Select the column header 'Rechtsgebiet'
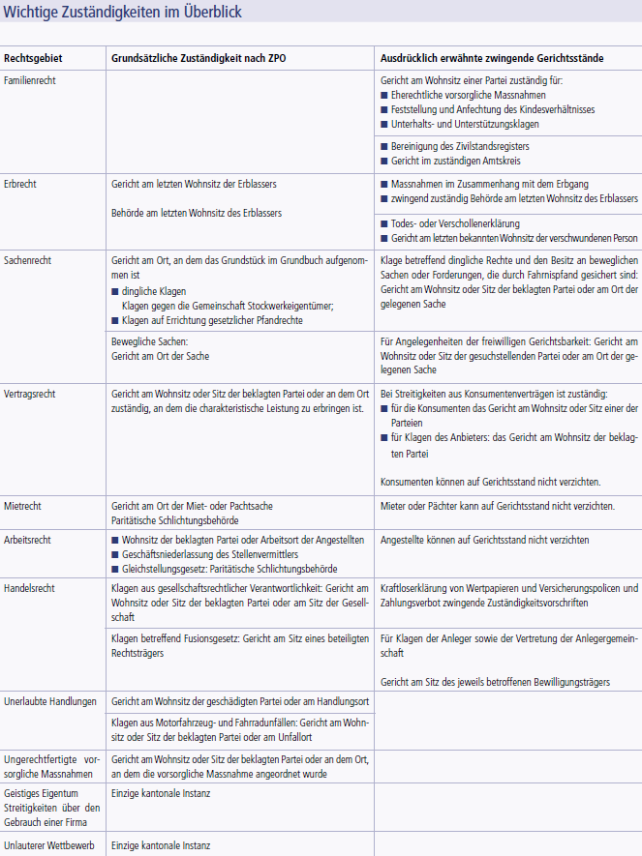32,58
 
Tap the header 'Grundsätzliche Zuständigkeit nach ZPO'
199,58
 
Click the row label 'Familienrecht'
30,80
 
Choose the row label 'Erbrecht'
20,182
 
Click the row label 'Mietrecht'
23,506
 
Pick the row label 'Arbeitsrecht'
27,540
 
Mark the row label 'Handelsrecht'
29,588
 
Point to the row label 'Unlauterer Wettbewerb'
49,846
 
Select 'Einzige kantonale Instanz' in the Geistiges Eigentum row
161,793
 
